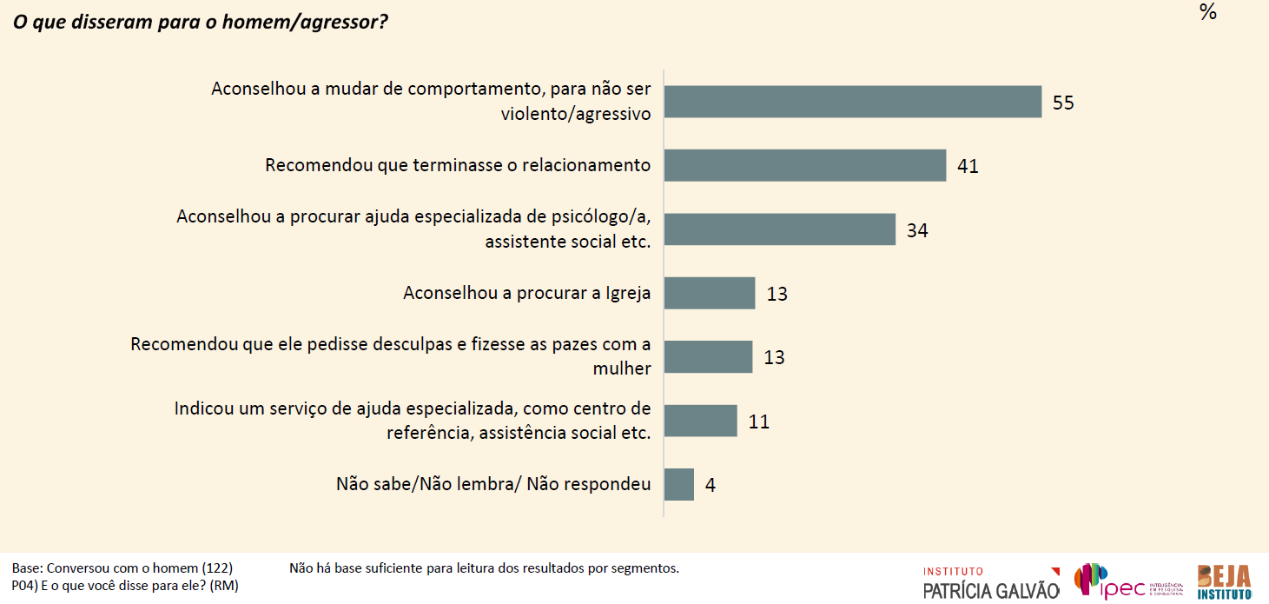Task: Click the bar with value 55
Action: [x=852, y=102]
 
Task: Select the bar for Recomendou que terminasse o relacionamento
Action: [x=804, y=165]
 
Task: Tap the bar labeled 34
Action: [x=779, y=229]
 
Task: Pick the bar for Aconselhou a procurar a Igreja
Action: [x=709, y=293]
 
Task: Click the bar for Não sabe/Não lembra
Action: [x=678, y=484]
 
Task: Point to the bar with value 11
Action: [x=700, y=421]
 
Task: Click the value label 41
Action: [x=968, y=166]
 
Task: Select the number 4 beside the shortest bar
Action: [x=710, y=485]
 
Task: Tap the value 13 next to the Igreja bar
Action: [x=777, y=294]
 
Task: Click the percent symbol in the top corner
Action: [x=1207, y=12]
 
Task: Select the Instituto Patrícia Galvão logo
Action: [x=990, y=582]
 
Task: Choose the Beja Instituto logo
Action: [x=1224, y=581]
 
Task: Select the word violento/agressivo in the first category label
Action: [x=576, y=113]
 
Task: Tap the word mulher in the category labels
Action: [x=621, y=368]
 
